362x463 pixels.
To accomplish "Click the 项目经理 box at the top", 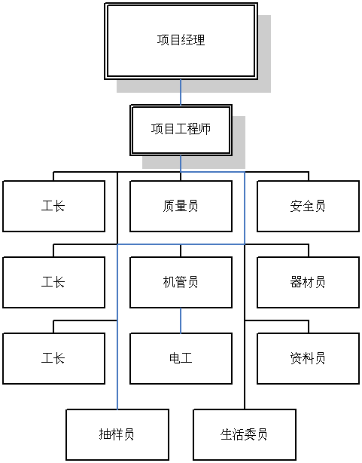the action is [x=181, y=41].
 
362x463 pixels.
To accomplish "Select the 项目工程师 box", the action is [x=181, y=130].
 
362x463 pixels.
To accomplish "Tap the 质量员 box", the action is [x=181, y=206].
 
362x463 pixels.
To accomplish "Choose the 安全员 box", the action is [x=308, y=206].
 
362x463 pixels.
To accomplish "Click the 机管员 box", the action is [x=181, y=282].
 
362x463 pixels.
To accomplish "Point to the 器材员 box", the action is [x=308, y=282].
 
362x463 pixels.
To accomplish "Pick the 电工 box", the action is [x=181, y=358].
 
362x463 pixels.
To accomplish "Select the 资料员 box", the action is [x=308, y=358].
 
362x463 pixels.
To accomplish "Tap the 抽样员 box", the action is [x=117, y=434].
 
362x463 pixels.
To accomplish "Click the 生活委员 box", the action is [x=245, y=434].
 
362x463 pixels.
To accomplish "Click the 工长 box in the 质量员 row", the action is [x=54, y=206].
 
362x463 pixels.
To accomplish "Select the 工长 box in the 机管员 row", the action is [x=54, y=282].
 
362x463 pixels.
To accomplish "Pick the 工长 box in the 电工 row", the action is [x=54, y=358].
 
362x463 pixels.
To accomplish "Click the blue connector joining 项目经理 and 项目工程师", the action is [x=181, y=92].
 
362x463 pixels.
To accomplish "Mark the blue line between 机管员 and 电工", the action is [x=181, y=320].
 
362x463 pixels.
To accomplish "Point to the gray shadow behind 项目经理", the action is [x=264, y=53].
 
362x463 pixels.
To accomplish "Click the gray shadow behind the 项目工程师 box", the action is [x=239, y=142].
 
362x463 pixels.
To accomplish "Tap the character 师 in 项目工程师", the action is [x=205, y=130].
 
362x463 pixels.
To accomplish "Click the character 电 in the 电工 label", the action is [x=175, y=358].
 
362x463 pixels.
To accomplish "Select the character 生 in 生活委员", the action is [x=226, y=434].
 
